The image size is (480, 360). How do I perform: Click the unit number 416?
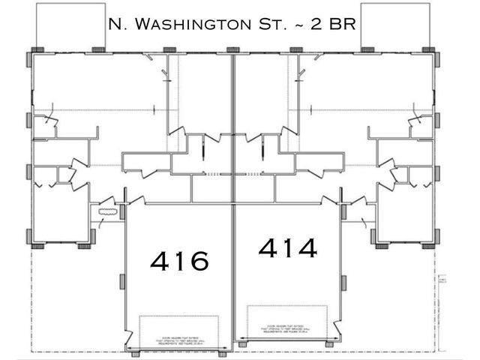(x=179, y=261)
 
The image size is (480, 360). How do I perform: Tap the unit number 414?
(x=289, y=247)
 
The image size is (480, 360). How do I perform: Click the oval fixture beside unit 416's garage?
(x=108, y=214)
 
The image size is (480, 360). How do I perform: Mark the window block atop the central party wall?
(x=233, y=49)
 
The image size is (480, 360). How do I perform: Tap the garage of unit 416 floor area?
(x=179, y=292)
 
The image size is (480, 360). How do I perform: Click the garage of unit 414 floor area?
(x=289, y=285)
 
